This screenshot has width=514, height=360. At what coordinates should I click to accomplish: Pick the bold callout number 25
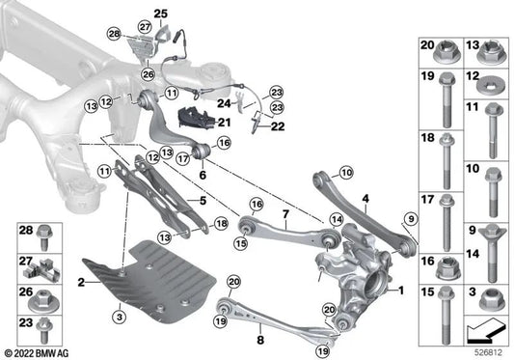click(161, 13)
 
